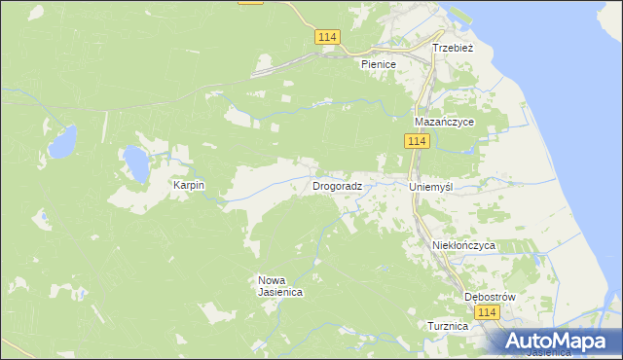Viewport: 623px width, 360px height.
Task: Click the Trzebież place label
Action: pyautogui.click(x=453, y=47)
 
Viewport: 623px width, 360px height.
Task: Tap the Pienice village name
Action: pyautogui.click(x=379, y=64)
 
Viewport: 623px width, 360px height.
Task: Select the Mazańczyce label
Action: pyautogui.click(x=443, y=123)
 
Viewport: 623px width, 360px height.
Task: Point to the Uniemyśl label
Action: pyautogui.click(x=432, y=186)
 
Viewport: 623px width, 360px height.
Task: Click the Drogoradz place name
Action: pyautogui.click(x=338, y=185)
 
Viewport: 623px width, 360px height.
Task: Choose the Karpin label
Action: pyautogui.click(x=189, y=185)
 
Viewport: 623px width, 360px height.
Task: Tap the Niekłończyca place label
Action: pyautogui.click(x=463, y=246)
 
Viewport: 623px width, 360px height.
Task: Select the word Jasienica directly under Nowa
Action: pyautogui.click(x=279, y=292)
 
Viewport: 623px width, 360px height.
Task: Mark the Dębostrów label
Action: pyautogui.click(x=489, y=297)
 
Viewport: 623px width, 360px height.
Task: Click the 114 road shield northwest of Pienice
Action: pyautogui.click(x=327, y=37)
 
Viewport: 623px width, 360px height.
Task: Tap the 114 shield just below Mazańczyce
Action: pyautogui.click(x=417, y=142)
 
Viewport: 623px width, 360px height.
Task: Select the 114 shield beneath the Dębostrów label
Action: pyautogui.click(x=489, y=312)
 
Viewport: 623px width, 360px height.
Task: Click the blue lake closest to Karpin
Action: pyautogui.click(x=135, y=163)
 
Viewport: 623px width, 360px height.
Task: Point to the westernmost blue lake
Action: pyautogui.click(x=62, y=143)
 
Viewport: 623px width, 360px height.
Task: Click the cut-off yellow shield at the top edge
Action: pyautogui.click(x=250, y=2)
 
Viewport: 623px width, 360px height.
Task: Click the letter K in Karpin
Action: pyautogui.click(x=176, y=185)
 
